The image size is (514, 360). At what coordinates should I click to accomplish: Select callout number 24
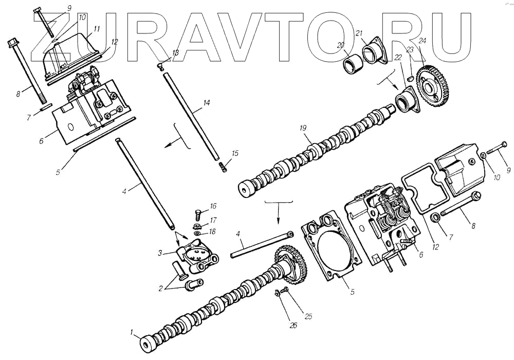tap(423, 40)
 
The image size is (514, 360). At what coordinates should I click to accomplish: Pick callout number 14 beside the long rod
tap(206, 103)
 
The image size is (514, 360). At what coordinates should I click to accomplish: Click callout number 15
tap(235, 153)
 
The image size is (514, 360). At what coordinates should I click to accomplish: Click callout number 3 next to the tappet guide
tap(160, 253)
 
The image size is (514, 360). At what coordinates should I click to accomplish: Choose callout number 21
tap(359, 33)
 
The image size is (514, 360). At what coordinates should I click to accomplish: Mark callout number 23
tap(410, 49)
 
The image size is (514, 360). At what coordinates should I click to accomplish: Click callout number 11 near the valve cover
tap(97, 29)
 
